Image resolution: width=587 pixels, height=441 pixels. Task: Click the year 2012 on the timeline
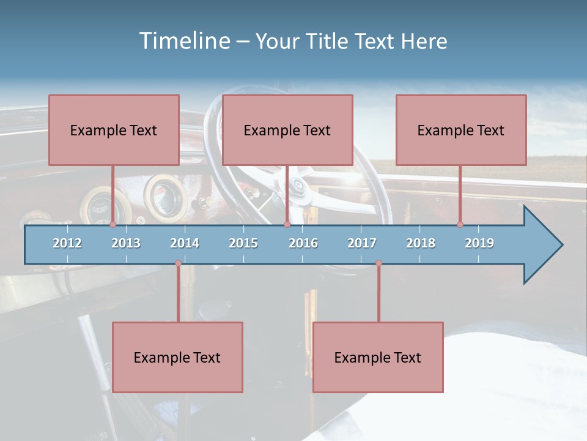coord(67,243)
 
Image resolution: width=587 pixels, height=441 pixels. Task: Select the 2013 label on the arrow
coord(126,243)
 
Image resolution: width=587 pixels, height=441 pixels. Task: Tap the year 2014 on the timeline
coord(185,243)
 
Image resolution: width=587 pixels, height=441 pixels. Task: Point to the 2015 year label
coord(243,243)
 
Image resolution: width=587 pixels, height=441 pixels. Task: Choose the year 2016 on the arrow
coord(303,243)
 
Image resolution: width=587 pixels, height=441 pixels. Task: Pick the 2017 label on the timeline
coord(362,243)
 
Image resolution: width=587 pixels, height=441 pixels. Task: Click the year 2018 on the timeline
coord(421,243)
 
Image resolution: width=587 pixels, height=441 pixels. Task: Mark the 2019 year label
coord(479,243)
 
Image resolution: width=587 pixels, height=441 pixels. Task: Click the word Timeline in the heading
coord(183,41)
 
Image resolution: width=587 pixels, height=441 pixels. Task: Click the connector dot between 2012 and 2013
coord(113,225)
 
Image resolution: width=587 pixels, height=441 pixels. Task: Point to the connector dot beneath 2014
coord(178,263)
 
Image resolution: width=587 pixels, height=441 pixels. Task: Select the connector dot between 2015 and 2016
coord(287,225)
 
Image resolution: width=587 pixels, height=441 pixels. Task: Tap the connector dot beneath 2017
coord(378,263)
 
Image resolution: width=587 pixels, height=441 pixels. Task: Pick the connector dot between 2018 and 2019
coord(460,225)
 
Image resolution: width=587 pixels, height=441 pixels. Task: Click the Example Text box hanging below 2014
coord(177,357)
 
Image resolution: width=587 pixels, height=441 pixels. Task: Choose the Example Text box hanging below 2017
coord(378,357)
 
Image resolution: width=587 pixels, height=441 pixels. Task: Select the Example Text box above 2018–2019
coord(461,130)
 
